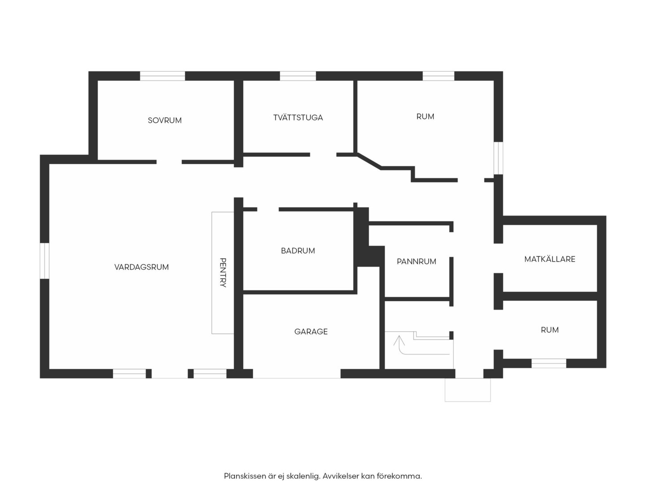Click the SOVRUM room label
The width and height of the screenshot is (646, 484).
point(165,120)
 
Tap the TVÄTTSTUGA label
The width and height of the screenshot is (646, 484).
point(298,117)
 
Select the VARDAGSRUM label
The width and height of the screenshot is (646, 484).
point(141,267)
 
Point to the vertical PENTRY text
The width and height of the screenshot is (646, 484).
point(223,272)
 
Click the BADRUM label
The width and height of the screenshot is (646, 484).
point(298,251)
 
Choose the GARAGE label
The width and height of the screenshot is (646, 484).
point(311,332)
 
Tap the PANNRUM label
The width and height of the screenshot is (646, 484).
point(416,262)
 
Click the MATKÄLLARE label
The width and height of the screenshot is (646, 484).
point(550,259)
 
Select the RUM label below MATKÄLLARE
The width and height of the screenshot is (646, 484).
point(550,330)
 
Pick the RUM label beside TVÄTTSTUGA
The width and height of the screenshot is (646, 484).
point(425,117)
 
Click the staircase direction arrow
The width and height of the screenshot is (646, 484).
point(399,345)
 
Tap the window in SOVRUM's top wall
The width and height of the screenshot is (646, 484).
point(162,76)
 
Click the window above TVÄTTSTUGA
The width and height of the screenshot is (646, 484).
point(297,76)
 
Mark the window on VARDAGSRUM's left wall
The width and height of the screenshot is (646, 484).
point(44,261)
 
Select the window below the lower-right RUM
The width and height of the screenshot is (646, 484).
point(549,363)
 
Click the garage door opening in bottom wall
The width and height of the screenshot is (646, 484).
point(297,374)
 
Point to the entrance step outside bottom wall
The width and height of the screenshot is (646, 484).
point(467,390)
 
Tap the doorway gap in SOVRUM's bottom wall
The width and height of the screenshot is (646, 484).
point(169,162)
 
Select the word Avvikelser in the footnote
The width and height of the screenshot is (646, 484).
point(340,476)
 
